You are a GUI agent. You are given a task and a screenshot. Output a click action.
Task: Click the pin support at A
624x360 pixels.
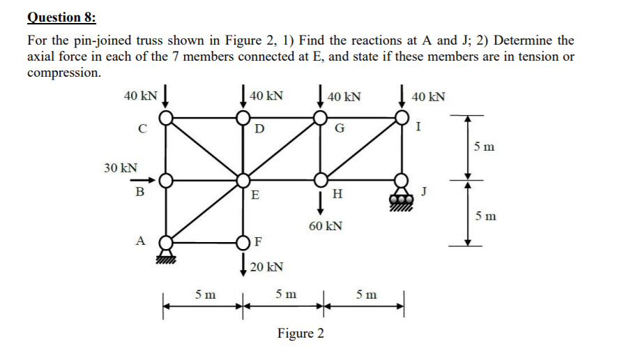(165, 243)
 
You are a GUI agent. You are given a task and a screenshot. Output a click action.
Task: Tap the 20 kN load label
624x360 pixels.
(266, 267)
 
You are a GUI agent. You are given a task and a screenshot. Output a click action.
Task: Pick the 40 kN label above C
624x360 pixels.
(139, 95)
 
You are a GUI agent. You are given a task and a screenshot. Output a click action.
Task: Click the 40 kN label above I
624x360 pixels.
(429, 96)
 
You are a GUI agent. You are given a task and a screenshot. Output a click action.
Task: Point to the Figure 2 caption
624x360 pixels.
(300, 333)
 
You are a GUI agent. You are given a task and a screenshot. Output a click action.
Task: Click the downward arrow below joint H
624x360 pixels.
(321, 202)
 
